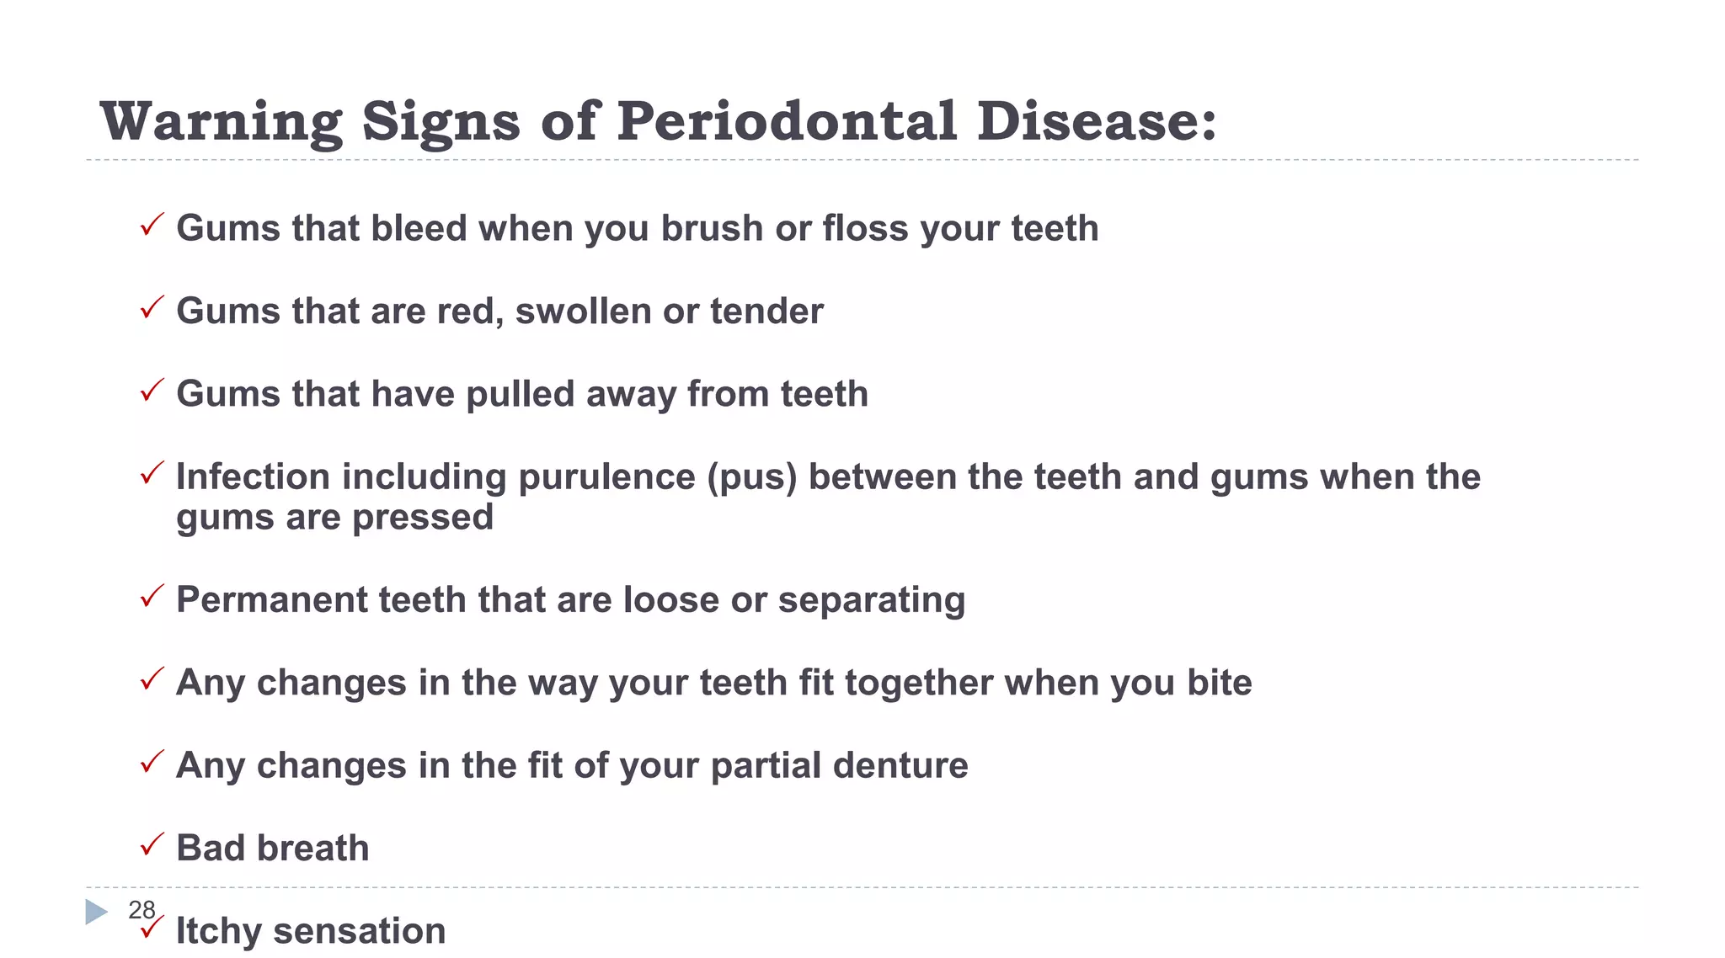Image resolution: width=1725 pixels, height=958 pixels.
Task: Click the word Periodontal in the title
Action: pos(787,121)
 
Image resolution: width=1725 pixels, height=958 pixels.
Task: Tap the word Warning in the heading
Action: pos(222,121)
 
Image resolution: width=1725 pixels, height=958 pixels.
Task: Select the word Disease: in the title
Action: pos(1097,121)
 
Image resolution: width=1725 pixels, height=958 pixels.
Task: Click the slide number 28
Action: pos(142,909)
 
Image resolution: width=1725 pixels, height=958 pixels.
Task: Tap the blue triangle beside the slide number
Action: pos(97,912)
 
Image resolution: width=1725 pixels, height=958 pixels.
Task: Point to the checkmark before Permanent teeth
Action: pos(152,596)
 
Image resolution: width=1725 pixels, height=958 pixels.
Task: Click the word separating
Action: pos(871,600)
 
